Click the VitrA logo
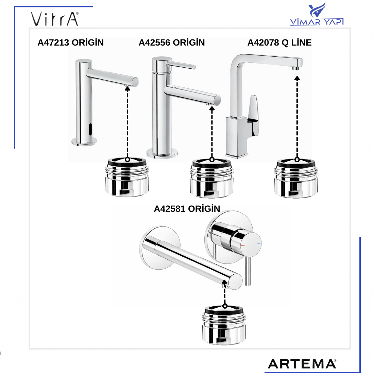[55, 19]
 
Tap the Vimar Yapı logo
[317, 14]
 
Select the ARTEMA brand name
[302, 364]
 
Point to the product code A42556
[155, 43]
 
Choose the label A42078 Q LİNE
[279, 43]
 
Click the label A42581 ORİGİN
[187, 209]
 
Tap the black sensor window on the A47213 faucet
[90, 129]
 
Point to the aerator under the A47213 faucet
[127, 177]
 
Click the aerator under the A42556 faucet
[211, 178]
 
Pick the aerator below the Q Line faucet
[296, 178]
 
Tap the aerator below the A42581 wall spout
[224, 325]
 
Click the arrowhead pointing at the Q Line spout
[297, 78]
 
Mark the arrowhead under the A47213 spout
[128, 88]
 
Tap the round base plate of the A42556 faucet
[162, 153]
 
